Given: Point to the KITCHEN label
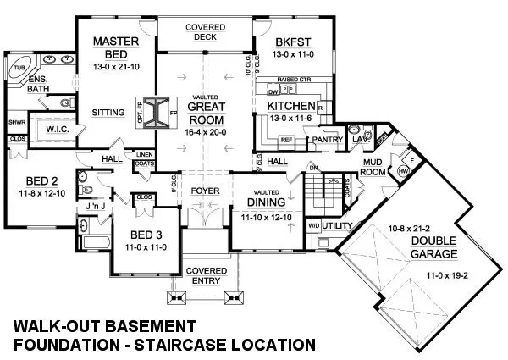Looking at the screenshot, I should (x=288, y=106).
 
